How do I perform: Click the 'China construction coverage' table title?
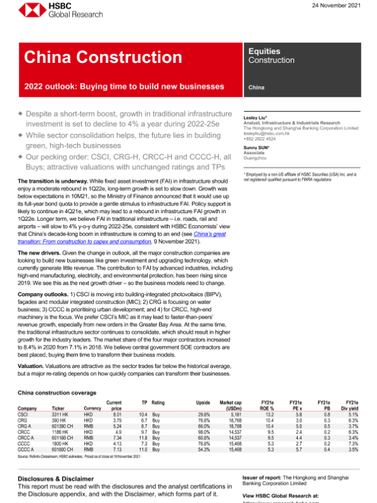tap(59, 392)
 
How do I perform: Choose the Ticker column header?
tap(59, 407)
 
